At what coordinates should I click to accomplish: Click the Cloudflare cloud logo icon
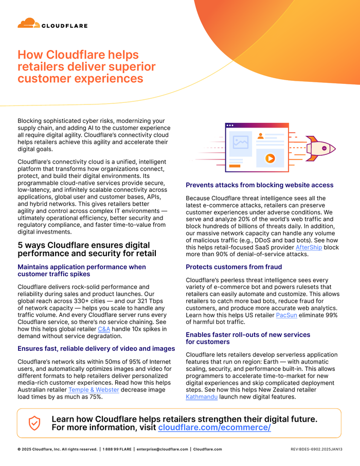tap(28, 23)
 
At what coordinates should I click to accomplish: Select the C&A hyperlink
tap(104, 328)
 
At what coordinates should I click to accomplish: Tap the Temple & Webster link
tap(94, 389)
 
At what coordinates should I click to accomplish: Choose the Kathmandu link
tap(202, 397)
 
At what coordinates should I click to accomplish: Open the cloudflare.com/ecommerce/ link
tap(214, 427)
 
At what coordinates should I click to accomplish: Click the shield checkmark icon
tap(34, 423)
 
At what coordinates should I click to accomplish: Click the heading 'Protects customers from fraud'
tap(233, 267)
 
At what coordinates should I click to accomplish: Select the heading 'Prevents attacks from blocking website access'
tap(259, 185)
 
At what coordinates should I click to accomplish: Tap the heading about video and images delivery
tap(96, 348)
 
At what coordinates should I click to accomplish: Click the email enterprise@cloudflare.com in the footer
tap(162, 449)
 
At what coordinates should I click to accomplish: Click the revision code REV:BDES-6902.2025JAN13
tap(316, 449)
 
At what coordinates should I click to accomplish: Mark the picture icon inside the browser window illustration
tap(241, 142)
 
